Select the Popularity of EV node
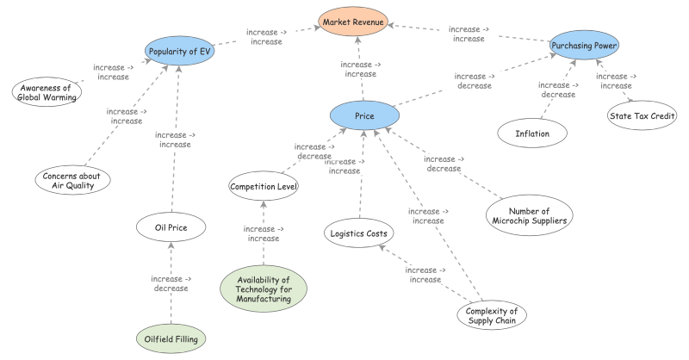pyautogui.click(x=180, y=51)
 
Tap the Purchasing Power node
pyautogui.click(x=585, y=45)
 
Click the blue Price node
pyautogui.click(x=364, y=115)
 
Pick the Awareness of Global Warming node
pyautogui.click(x=47, y=90)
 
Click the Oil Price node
pyautogui.click(x=171, y=227)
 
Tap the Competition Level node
pyautogui.click(x=264, y=185)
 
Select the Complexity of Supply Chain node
pyautogui.click(x=490, y=316)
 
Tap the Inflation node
pyautogui.click(x=532, y=133)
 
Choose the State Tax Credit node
pyautogui.click(x=641, y=116)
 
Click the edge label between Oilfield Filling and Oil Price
pyautogui.click(x=171, y=283)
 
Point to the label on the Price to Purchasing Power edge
pyautogui.click(x=475, y=81)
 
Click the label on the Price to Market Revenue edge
pyautogui.click(x=361, y=69)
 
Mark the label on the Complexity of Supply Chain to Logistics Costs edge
pyautogui.click(x=425, y=275)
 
